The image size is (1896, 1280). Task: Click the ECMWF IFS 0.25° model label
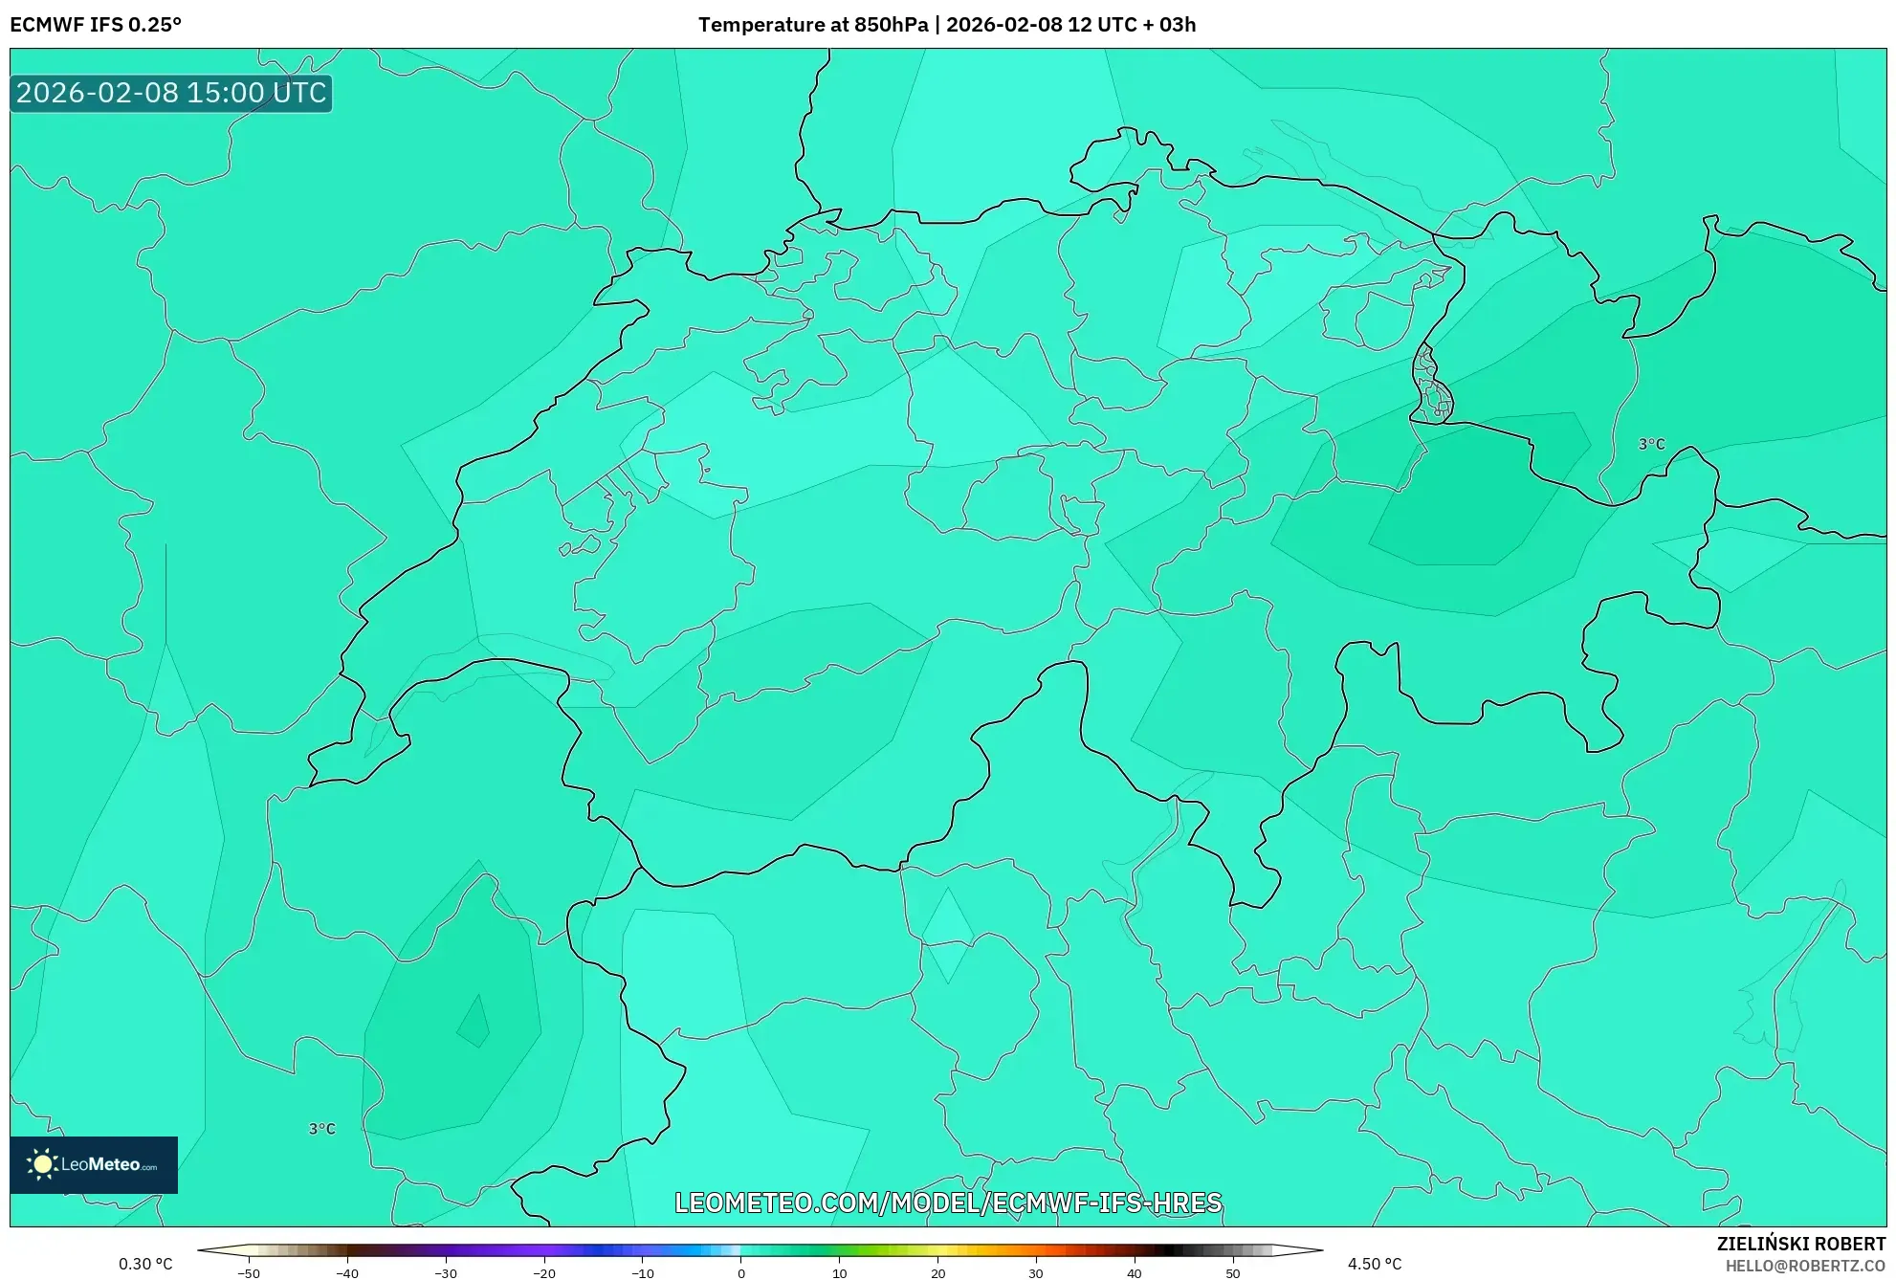[x=96, y=25]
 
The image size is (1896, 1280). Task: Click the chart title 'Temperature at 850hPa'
[x=812, y=25]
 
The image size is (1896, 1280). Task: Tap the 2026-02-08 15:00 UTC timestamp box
[x=171, y=93]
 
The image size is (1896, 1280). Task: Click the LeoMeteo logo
[x=94, y=1164]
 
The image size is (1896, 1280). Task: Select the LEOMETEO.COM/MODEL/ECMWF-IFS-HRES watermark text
[x=948, y=1203]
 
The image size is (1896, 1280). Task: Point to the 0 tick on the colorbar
[x=741, y=1272]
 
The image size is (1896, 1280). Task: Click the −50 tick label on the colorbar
[x=249, y=1272]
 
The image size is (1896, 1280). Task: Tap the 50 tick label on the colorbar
[x=1232, y=1272]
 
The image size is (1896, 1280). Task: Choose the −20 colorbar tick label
[x=544, y=1272]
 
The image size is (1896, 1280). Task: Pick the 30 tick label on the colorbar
[x=1036, y=1272]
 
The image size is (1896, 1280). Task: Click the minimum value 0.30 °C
[x=145, y=1264]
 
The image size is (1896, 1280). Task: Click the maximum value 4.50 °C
[x=1375, y=1264]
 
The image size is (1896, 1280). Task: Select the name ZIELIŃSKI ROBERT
[x=1800, y=1244]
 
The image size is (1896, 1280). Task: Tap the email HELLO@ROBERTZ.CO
[x=1805, y=1266]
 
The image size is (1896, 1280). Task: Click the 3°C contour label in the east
[x=1652, y=444]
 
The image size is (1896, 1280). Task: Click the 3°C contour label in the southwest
[x=322, y=1129]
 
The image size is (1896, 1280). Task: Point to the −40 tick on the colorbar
[x=347, y=1272]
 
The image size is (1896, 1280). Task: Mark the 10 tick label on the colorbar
[x=840, y=1272]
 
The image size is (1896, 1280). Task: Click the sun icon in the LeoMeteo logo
[x=42, y=1163]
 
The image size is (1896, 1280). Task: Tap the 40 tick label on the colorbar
[x=1135, y=1272]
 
